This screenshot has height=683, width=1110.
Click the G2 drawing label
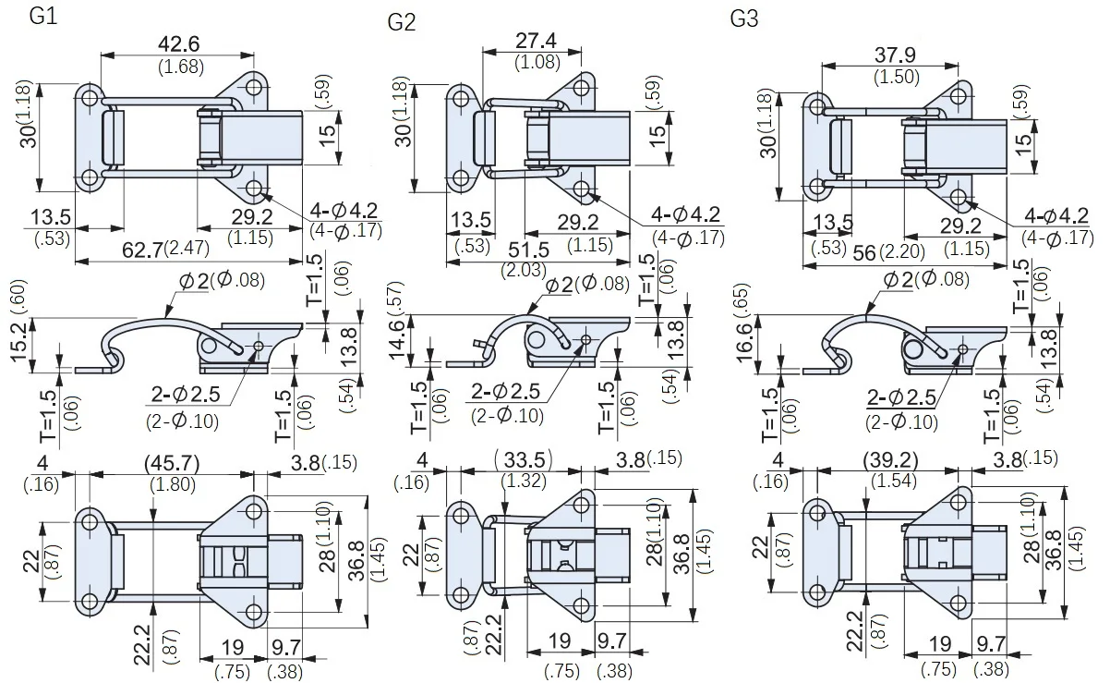[x=401, y=22]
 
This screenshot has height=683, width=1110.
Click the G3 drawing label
[x=743, y=18]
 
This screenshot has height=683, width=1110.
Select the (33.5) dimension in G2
[x=521, y=459]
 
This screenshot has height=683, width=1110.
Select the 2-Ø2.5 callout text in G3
[x=901, y=398]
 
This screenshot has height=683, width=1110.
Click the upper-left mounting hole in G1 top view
[x=90, y=99]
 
